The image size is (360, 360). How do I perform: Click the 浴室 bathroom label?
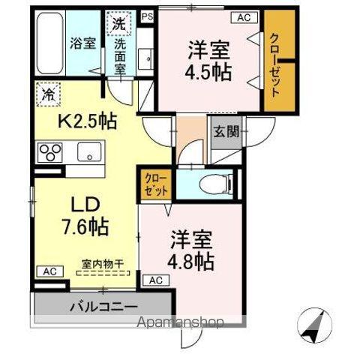82,42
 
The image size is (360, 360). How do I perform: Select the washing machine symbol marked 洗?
119,23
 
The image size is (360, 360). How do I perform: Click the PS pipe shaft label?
146,14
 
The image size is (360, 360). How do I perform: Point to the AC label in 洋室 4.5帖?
244,16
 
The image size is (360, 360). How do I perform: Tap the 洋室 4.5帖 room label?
209,62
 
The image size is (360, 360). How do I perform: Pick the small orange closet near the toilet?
156,184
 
